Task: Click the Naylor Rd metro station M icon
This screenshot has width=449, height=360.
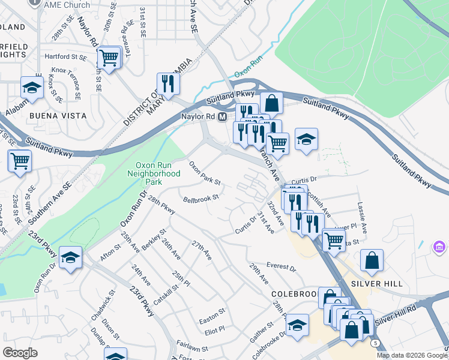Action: point(222,116)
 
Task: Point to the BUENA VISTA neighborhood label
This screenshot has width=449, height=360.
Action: point(59,115)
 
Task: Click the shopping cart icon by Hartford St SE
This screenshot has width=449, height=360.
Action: point(108,58)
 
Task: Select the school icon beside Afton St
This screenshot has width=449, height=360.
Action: point(71,259)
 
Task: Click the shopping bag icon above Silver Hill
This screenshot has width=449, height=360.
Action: point(372,261)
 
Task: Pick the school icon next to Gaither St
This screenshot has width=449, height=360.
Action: point(297,325)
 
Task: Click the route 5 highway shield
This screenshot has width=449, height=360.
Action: point(375,343)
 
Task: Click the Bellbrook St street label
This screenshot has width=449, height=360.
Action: point(200,199)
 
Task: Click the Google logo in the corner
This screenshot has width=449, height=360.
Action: point(20,352)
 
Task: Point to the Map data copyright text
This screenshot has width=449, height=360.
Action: point(412,355)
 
